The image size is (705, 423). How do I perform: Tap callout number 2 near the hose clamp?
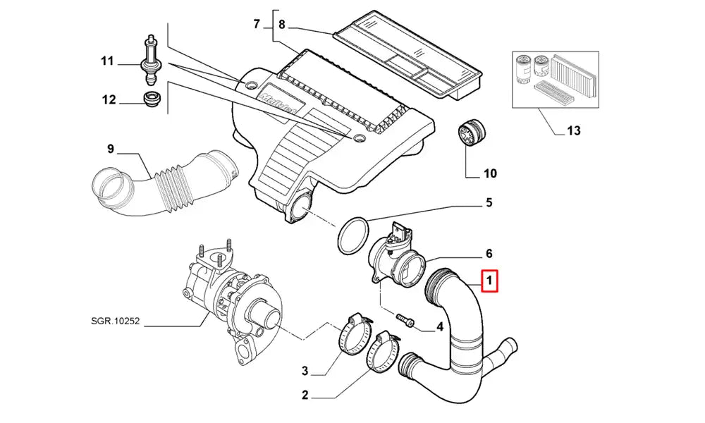(305, 396)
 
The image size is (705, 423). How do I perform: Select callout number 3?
(305, 371)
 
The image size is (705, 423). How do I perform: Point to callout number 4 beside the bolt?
(439, 326)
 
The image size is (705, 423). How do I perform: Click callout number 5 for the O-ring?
(488, 204)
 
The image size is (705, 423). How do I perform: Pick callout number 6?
(488, 253)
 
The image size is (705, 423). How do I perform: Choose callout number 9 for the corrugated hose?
(110, 149)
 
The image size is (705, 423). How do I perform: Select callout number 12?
(108, 100)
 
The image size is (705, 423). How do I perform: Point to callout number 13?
(573, 130)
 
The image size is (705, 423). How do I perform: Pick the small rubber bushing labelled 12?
(151, 100)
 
